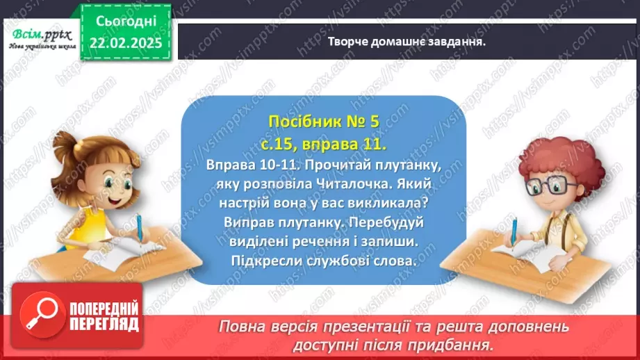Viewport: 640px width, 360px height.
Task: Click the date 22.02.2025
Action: (126, 42)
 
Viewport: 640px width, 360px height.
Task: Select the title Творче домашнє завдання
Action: (406, 40)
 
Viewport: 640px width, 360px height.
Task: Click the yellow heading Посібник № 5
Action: (323, 122)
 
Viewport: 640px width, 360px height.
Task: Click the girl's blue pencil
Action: (140, 230)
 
